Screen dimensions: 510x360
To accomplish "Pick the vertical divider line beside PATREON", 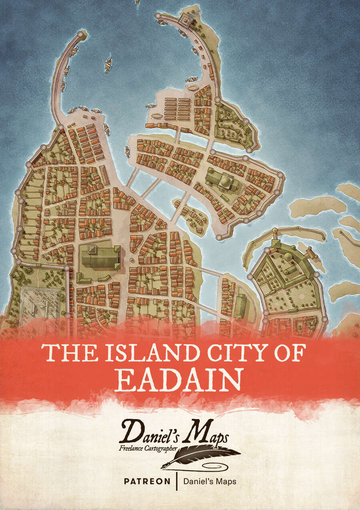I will [176, 481].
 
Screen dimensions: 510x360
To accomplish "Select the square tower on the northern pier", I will [185, 19].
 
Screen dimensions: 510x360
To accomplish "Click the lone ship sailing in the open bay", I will [108, 64].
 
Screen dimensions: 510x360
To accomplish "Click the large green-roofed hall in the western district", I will [100, 257].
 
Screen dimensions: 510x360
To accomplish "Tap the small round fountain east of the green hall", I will [132, 261].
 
